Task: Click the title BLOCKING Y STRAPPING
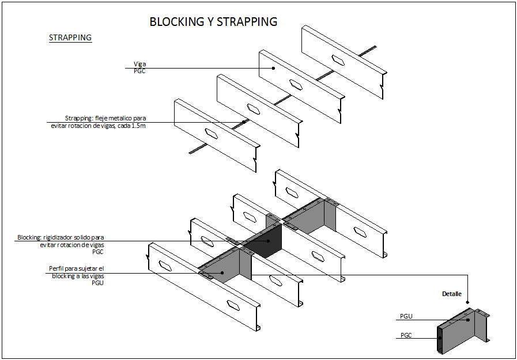213,22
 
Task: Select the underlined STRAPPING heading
70,38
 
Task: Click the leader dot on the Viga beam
274,69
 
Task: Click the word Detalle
452,294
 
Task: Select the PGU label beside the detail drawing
406,316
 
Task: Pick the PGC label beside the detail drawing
406,335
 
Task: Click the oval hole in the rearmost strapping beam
338,58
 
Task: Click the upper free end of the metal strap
375,47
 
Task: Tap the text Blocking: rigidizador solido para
61,237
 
